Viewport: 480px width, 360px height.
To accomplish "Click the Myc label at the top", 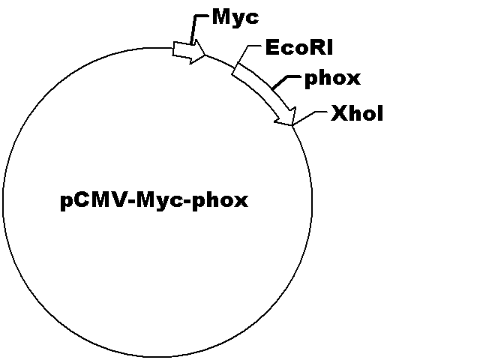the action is click(x=235, y=18).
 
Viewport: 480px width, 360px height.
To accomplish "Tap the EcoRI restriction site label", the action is click(x=299, y=47).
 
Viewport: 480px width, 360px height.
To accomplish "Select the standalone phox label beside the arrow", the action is click(x=333, y=79).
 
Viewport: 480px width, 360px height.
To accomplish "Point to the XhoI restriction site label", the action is click(x=357, y=113).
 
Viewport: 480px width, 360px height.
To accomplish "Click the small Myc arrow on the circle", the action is click(x=189, y=52).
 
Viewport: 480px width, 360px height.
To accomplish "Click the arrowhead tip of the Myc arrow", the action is click(x=205, y=55).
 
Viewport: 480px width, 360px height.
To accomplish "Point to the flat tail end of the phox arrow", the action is click(x=235, y=68).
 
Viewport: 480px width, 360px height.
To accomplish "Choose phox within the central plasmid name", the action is click(x=220, y=201).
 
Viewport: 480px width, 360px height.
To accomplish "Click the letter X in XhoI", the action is click(x=339, y=113).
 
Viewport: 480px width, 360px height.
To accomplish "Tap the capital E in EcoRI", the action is click(x=272, y=48).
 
